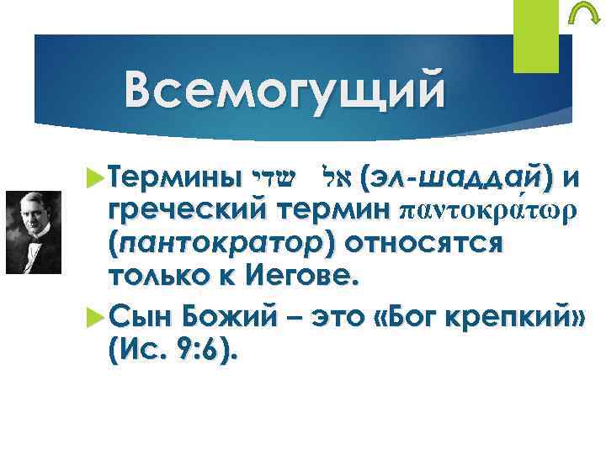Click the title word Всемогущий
click(282, 90)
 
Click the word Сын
click(138, 317)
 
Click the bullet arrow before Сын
click(95, 318)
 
